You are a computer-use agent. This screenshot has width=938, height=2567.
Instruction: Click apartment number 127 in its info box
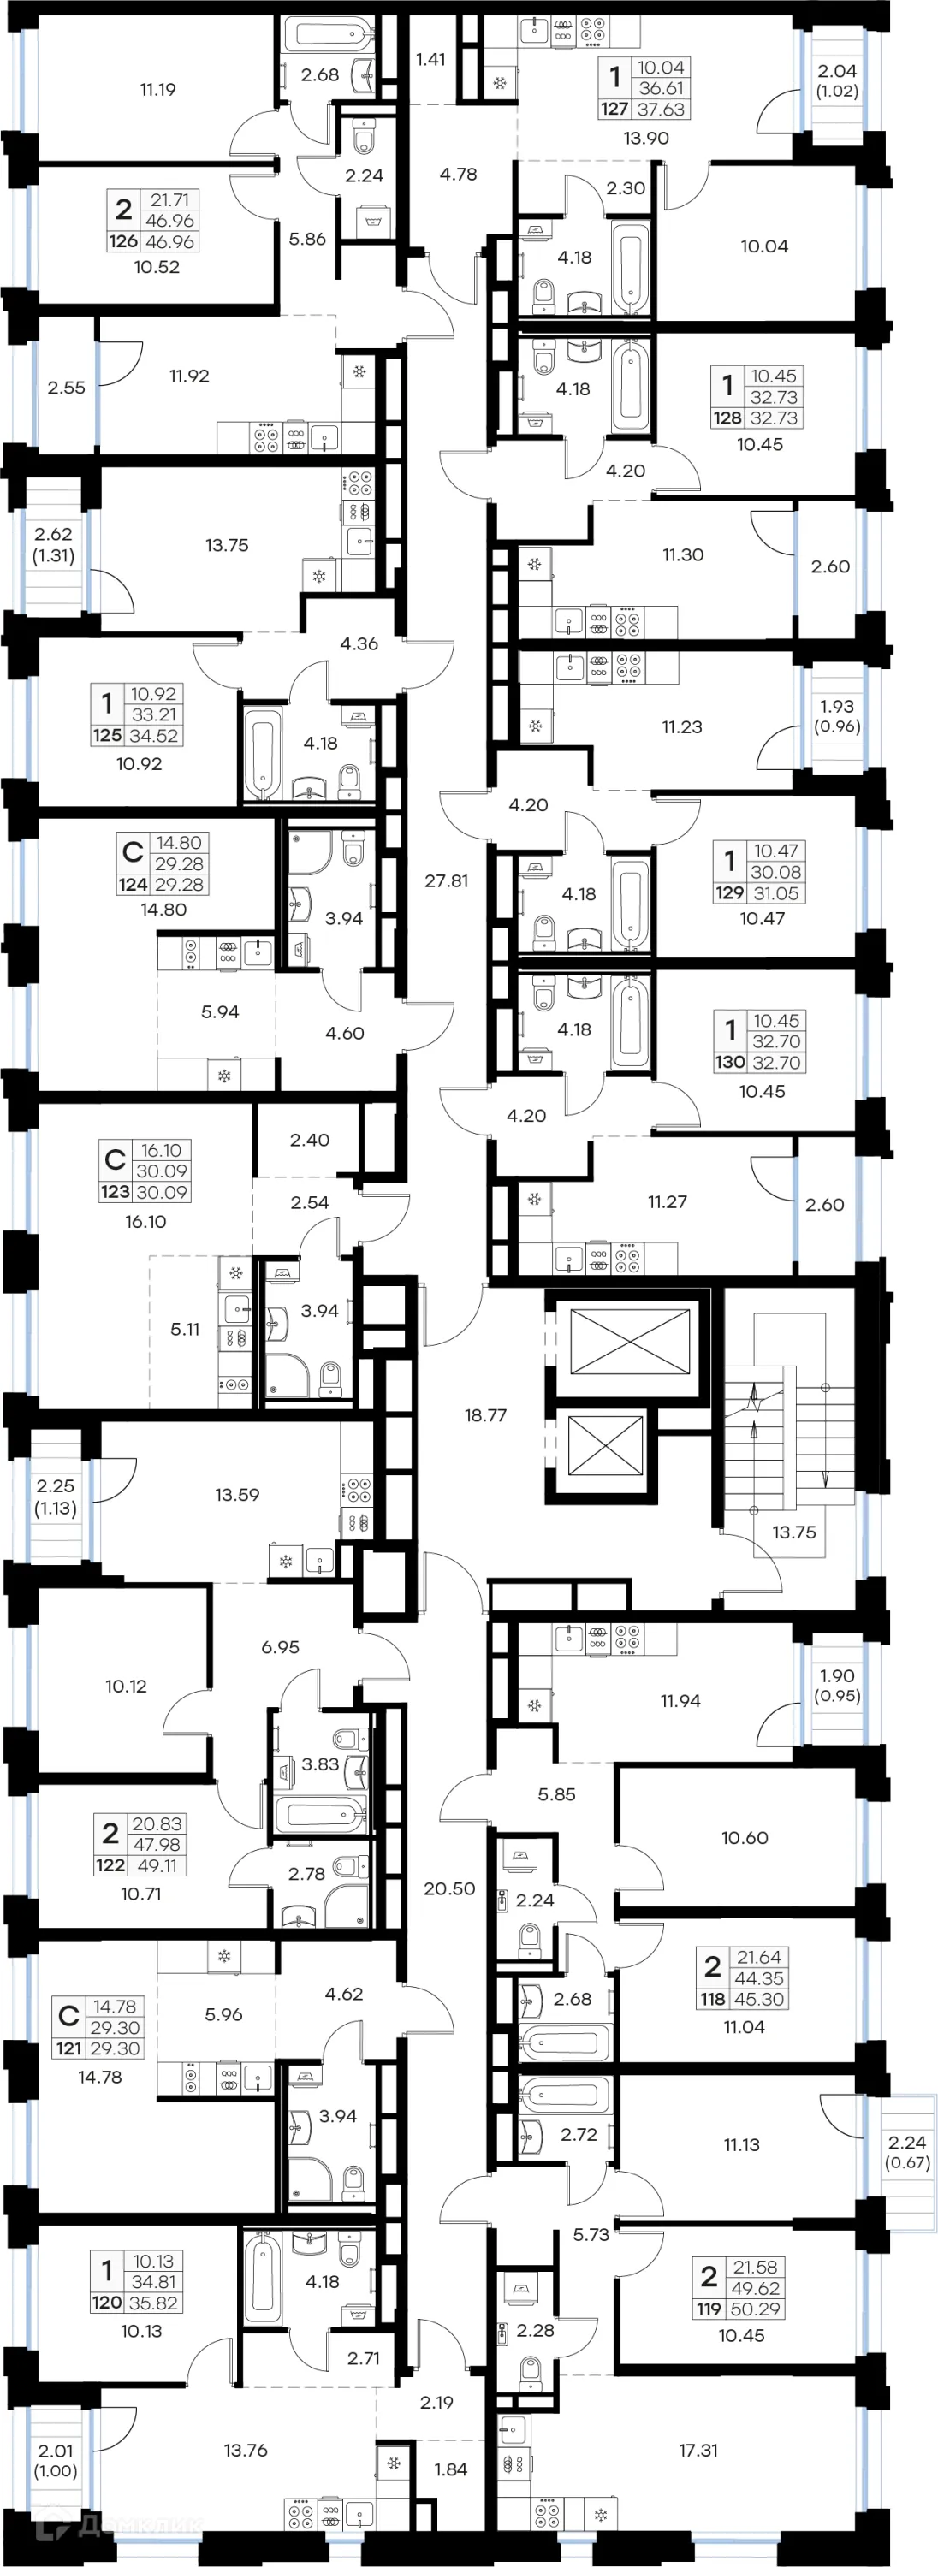[614, 110]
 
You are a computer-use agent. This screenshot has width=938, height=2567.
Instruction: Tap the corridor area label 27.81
[446, 881]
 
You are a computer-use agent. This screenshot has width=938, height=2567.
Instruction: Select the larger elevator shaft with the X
[629, 1342]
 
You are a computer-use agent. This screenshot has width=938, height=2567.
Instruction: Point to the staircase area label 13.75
[793, 1532]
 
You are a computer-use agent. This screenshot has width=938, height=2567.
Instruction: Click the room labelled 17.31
[698, 2450]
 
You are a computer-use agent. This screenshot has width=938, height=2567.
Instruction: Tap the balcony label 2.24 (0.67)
[907, 2153]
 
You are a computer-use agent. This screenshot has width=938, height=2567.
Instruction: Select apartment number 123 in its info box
[115, 1192]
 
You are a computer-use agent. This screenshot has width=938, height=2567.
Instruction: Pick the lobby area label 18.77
[485, 1415]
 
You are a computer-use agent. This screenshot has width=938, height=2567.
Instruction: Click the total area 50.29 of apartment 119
[756, 2309]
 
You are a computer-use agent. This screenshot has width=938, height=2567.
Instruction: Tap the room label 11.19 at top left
[157, 90]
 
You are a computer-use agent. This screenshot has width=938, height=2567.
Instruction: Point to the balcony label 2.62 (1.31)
[53, 545]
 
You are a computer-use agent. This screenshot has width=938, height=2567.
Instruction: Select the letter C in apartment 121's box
[68, 2016]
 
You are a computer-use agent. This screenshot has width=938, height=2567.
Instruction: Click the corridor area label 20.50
[448, 1888]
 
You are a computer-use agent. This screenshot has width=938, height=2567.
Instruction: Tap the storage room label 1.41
[430, 60]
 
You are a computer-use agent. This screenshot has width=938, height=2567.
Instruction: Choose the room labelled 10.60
[745, 1838]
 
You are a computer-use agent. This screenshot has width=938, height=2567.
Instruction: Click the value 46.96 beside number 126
[169, 242]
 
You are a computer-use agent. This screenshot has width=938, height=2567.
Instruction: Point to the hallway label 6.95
[280, 1647]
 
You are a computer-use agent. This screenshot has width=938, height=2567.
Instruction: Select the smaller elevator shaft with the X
[605, 1446]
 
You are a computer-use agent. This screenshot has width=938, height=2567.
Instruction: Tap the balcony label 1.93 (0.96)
[836, 716]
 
